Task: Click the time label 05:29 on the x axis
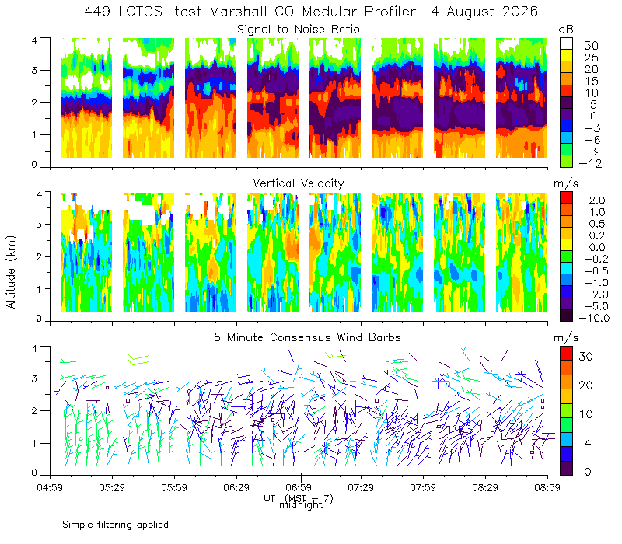tap(112, 487)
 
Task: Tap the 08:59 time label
tap(547, 487)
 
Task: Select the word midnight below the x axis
tap(301, 505)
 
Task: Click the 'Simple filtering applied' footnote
tap(115, 525)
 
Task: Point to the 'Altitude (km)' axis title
tap(11, 272)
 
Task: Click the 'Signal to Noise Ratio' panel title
tap(299, 30)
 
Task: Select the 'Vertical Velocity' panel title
tap(299, 183)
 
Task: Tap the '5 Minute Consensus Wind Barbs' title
tap(307, 337)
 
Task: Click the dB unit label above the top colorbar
tap(566, 30)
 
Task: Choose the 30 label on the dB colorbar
tap(591, 46)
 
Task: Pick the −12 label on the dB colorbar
tap(590, 163)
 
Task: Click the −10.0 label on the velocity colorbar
tap(594, 318)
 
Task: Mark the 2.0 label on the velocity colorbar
tap(597, 201)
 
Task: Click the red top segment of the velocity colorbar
tap(566, 197)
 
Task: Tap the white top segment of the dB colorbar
tap(566, 44)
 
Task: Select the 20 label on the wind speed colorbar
tap(585, 385)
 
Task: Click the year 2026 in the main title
tap(520, 12)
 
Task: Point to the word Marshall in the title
tap(238, 12)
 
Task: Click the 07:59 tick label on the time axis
tap(423, 487)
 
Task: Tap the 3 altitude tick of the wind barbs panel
tap(34, 378)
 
